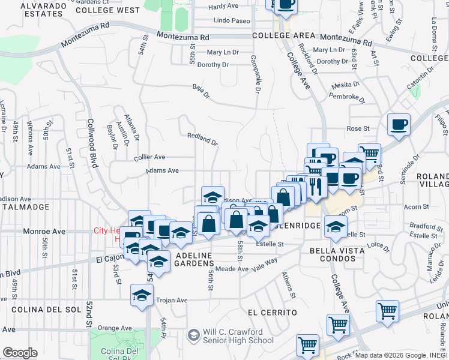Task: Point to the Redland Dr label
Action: pyautogui.click(x=202, y=139)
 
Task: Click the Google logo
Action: pyautogui.click(x=19, y=353)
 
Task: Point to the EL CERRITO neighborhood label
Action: pyautogui.click(x=273, y=313)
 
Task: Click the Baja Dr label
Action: pyautogui.click(x=201, y=91)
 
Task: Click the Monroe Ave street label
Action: pyautogui.click(x=44, y=231)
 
